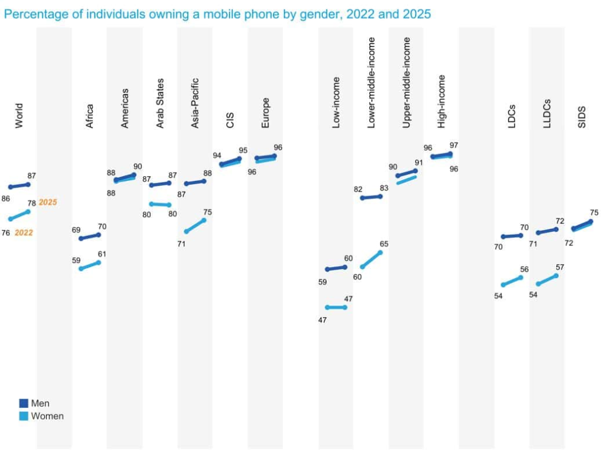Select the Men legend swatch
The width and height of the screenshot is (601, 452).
23,403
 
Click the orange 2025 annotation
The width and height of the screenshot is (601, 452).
48,203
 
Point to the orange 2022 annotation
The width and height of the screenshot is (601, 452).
24,233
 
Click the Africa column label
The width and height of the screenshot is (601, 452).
90,116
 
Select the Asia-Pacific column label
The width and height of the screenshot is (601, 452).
195,103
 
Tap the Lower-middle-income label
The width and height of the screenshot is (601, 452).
372,83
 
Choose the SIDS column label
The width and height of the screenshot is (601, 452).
582,117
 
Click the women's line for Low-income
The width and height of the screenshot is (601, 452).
336,307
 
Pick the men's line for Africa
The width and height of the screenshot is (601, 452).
90,237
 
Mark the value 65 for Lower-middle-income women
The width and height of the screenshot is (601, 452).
384,244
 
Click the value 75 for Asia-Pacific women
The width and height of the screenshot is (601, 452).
207,212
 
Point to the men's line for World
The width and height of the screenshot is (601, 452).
19,185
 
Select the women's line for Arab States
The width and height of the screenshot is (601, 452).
160,204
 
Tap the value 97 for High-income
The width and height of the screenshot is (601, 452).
454,145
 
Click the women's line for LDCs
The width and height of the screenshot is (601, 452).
512,281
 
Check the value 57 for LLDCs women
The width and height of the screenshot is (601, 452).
560,267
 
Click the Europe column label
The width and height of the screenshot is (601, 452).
266,116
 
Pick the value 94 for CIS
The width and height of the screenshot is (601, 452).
217,156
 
